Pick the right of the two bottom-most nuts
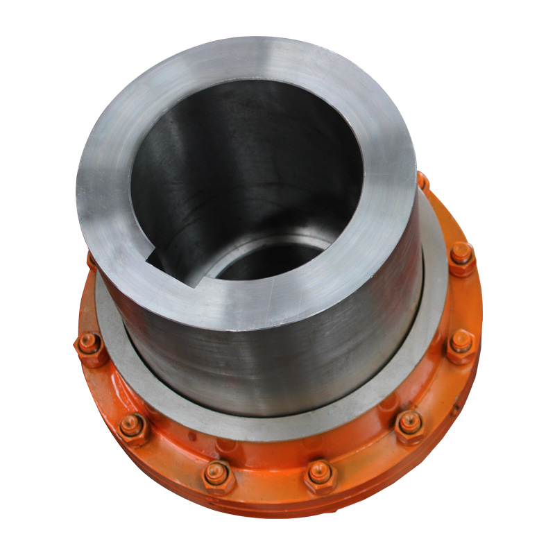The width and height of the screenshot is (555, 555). [321, 475]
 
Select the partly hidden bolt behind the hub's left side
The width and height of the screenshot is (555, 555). [92, 260]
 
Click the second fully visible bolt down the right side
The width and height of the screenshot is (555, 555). [461, 344]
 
